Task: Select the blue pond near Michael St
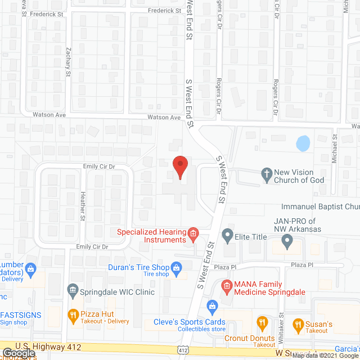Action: pyautogui.click(x=303, y=143)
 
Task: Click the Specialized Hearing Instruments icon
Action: pyautogui.click(x=192, y=233)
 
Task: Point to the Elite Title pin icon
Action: pyautogui.click(x=227, y=233)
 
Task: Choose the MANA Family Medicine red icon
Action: pyautogui.click(x=226, y=287)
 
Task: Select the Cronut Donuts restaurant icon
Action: pyautogui.click(x=262, y=322)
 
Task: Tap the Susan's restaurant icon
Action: pyautogui.click(x=298, y=323)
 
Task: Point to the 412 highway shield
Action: pyautogui.click(x=183, y=350)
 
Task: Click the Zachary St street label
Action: pyautogui.click(x=68, y=62)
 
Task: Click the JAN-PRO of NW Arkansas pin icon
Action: pyautogui.click(x=287, y=242)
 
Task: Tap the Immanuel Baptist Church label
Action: pyautogui.click(x=321, y=207)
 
